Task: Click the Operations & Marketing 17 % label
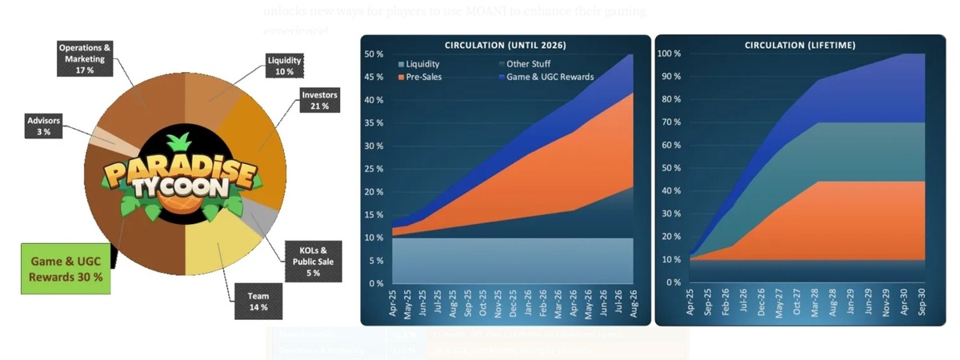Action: pyautogui.click(x=85, y=59)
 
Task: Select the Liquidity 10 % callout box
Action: pyautogui.click(x=285, y=66)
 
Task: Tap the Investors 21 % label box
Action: pyautogui.click(x=319, y=100)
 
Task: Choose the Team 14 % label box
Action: pyautogui.click(x=258, y=301)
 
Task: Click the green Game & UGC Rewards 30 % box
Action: pyautogui.click(x=66, y=268)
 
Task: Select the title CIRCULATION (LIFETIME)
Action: pyautogui.click(x=799, y=45)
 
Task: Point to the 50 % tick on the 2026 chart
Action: pyautogui.click(x=374, y=54)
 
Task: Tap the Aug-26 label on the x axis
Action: pyautogui.click(x=633, y=304)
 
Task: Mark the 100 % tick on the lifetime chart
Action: pyautogui.click(x=668, y=54)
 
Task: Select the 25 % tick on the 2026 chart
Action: pyautogui.click(x=374, y=169)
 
